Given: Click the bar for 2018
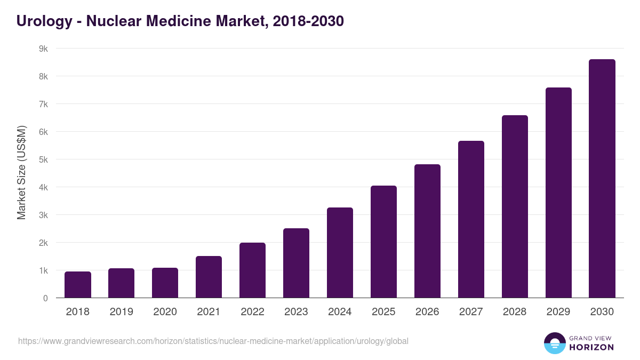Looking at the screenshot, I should (78, 285).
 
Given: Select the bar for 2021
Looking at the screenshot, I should (209, 277).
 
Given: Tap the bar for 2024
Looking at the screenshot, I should (340, 253).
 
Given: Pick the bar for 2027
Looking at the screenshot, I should (471, 219).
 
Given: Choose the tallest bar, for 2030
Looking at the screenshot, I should (602, 179).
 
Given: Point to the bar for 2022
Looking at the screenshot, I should (252, 270).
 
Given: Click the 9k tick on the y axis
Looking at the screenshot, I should (43, 49).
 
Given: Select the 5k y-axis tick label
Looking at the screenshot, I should (43, 159).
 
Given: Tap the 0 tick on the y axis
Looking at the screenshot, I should (45, 298).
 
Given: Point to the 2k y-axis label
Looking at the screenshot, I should (43, 243).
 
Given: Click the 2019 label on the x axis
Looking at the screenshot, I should (121, 312).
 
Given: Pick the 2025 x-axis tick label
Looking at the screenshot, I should (383, 312).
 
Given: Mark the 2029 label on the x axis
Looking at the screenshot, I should (558, 312).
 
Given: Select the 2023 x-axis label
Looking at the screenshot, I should (296, 312).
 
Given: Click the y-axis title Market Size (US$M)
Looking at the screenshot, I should (21, 173).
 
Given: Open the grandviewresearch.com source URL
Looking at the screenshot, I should (213, 341).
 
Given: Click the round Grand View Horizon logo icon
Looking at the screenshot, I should (555, 343).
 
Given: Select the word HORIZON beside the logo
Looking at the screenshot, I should (592, 347).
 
